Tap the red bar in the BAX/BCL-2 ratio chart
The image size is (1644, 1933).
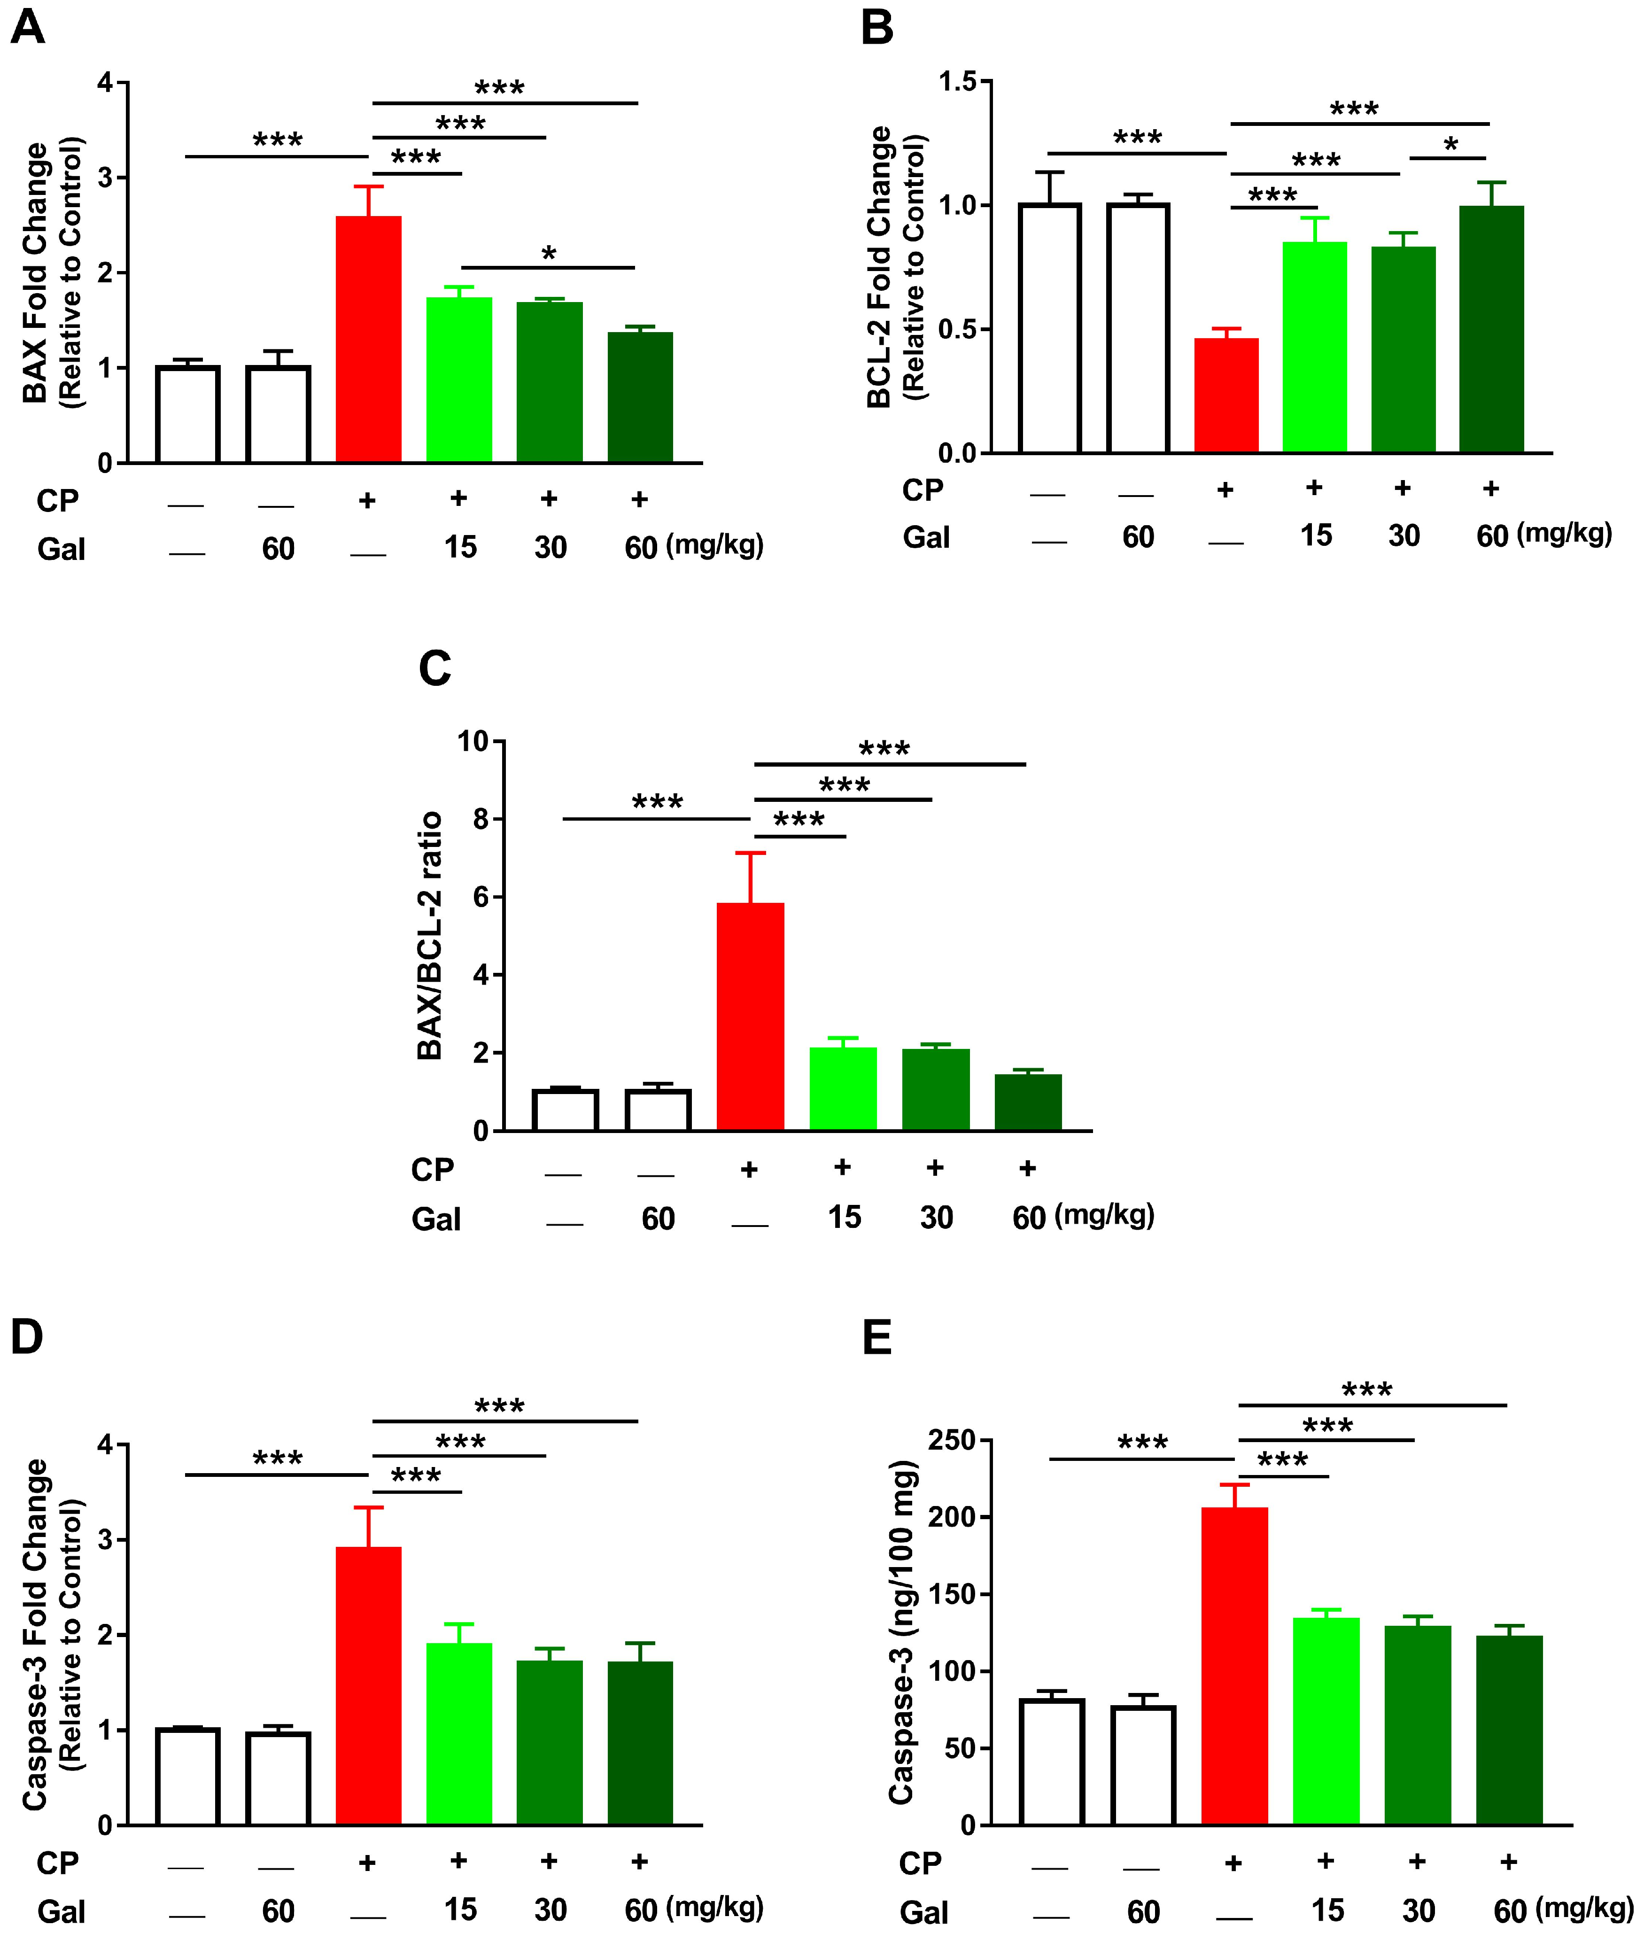coord(750,1016)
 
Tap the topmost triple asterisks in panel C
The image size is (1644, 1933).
coord(884,748)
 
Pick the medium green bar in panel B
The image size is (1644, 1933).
coord(1403,349)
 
